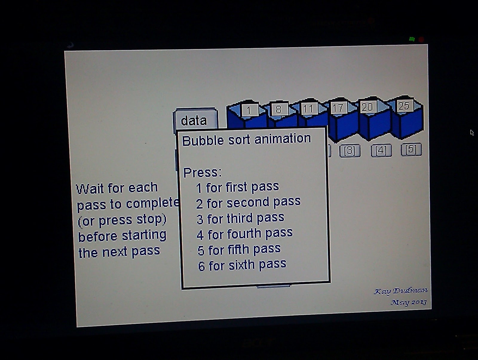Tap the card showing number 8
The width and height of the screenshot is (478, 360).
pos(278,109)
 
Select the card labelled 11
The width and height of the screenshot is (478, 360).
pos(308,109)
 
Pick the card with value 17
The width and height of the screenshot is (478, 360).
pos(338,108)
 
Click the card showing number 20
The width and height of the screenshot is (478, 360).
pos(367,107)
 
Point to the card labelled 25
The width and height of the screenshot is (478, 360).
pos(404,106)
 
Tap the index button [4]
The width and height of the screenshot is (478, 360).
pos(381,150)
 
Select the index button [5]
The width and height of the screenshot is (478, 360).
pos(411,149)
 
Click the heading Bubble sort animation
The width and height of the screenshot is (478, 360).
pos(247,140)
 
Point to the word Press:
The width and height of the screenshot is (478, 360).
pos(202,172)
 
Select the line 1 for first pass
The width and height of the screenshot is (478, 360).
pos(238,188)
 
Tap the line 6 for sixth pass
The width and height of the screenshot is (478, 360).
pos(242,265)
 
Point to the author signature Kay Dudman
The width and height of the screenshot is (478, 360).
pos(401,291)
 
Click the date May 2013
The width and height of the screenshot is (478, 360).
pos(408,302)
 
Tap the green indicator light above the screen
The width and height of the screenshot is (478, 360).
pos(412,39)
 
